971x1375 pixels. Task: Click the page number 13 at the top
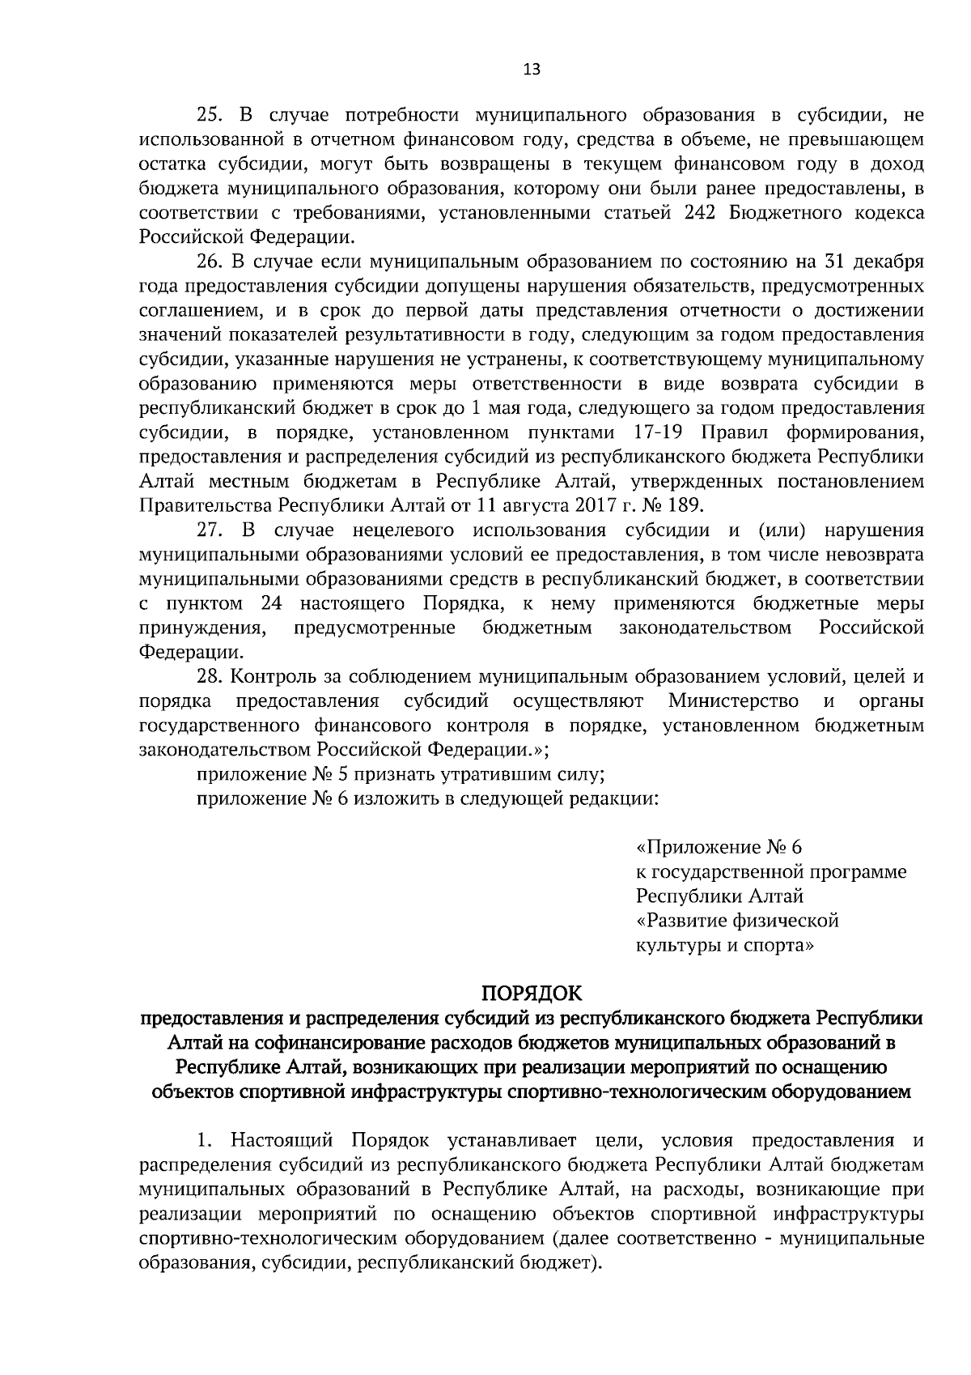click(532, 70)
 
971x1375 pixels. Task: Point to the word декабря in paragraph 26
click(892, 262)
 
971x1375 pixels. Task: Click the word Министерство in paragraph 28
click(734, 700)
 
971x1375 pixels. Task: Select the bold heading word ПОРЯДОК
click(532, 993)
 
